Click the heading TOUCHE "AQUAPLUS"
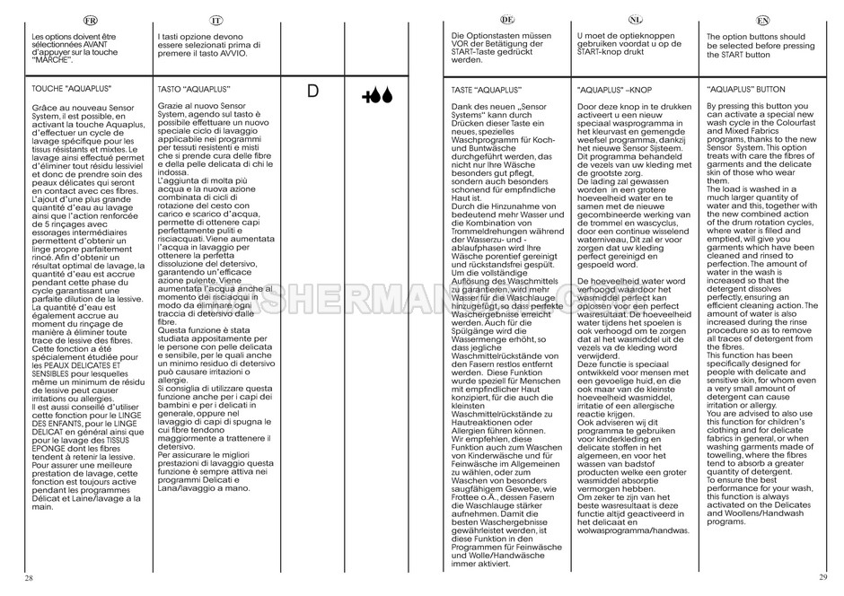tap(65, 91)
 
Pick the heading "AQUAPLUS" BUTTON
tap(746, 91)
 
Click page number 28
tap(30, 576)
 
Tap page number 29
tap(822, 576)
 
